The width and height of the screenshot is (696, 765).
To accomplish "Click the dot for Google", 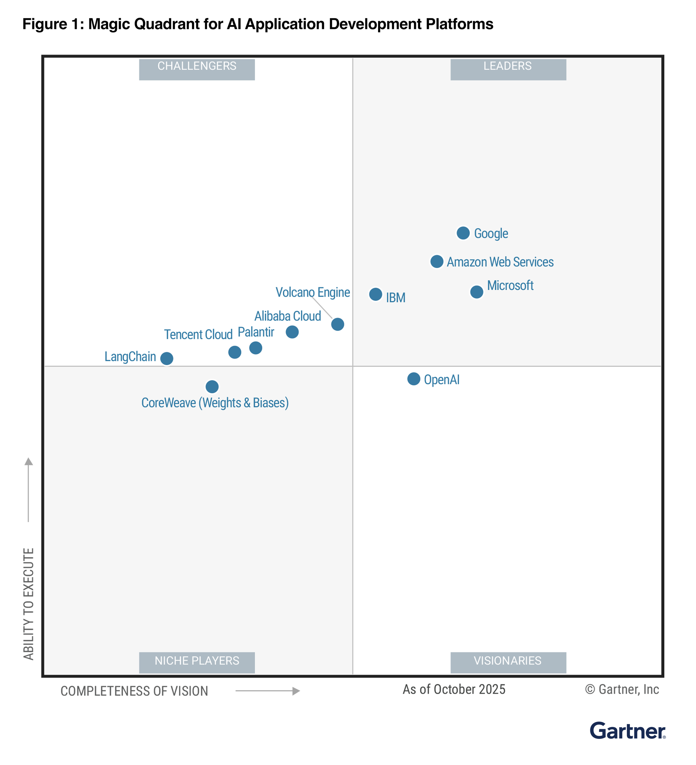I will (x=463, y=233).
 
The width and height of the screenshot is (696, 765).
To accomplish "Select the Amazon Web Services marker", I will (x=437, y=261).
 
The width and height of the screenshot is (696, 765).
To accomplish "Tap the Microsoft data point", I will (x=477, y=292).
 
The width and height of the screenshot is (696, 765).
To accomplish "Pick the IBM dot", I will (x=376, y=294).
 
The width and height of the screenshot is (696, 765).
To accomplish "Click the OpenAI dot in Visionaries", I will (x=414, y=379).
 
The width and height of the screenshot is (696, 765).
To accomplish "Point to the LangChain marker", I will (x=167, y=358).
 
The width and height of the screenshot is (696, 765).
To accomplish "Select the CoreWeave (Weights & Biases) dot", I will (x=212, y=387).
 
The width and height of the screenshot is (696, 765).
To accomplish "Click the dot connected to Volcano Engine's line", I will (x=338, y=324).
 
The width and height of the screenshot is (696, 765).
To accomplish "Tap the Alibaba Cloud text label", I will (x=288, y=316).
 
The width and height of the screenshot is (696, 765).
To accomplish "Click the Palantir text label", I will (x=256, y=332).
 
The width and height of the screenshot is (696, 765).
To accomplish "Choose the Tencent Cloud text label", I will (x=198, y=335).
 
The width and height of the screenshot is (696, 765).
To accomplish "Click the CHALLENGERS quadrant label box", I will (x=197, y=70).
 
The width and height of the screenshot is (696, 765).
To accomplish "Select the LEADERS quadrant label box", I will (x=508, y=70).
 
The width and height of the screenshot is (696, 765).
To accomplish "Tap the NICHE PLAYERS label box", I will (x=197, y=662).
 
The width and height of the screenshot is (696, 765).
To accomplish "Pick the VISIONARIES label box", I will (x=508, y=662).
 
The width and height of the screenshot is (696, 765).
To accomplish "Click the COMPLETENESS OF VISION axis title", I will (x=134, y=691).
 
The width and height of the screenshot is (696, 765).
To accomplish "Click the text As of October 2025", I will (x=454, y=690).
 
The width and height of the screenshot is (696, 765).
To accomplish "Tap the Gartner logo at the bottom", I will (x=627, y=731).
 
